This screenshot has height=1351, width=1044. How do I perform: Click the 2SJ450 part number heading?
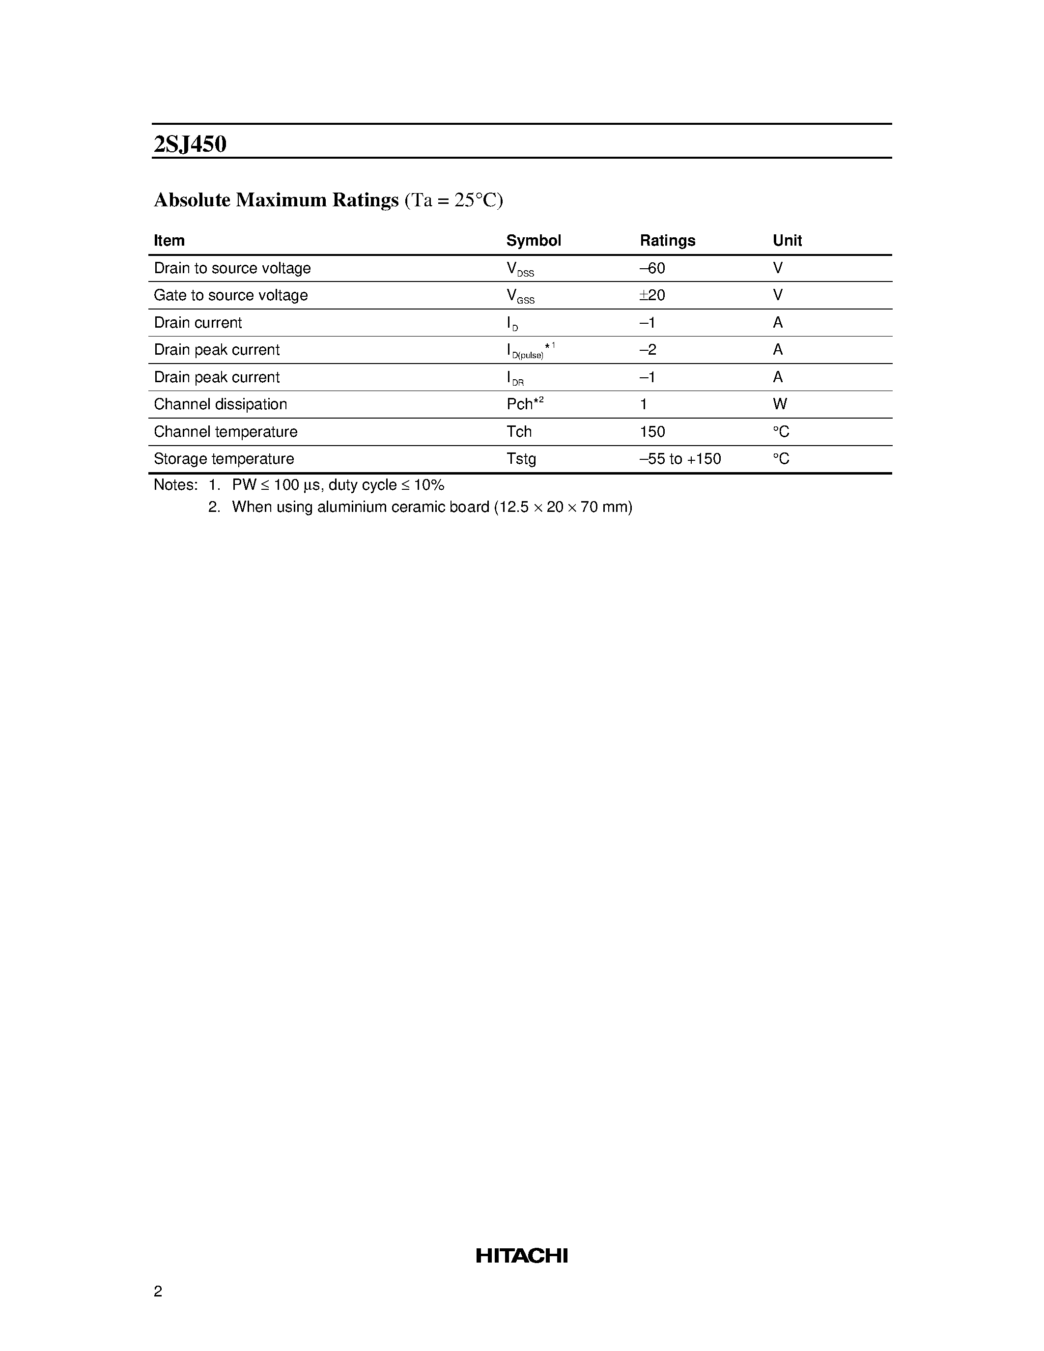[190, 144]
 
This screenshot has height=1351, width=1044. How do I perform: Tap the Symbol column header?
[533, 241]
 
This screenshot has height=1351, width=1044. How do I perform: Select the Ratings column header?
[667, 241]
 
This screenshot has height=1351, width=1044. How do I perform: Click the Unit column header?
[787, 241]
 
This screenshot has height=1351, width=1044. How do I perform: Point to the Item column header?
[169, 241]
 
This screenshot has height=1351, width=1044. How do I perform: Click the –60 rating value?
[652, 268]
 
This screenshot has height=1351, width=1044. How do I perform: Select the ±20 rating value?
[652, 296]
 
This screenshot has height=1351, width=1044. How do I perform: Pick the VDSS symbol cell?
[519, 269]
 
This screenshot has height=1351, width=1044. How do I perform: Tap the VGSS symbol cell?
[519, 296]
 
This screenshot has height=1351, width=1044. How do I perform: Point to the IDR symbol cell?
[514, 378]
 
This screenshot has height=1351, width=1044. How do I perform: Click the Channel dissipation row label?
[220, 404]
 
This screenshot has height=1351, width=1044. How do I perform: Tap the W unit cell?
[779, 404]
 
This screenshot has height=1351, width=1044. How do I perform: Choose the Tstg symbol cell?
[521, 459]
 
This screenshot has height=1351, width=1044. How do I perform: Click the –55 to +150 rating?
[680, 459]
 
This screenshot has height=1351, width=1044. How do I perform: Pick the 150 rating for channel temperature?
[652, 432]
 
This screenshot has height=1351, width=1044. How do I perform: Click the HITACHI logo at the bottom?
[521, 1256]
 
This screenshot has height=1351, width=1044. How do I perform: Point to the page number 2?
[158, 1291]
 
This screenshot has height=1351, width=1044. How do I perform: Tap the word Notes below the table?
[174, 485]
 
